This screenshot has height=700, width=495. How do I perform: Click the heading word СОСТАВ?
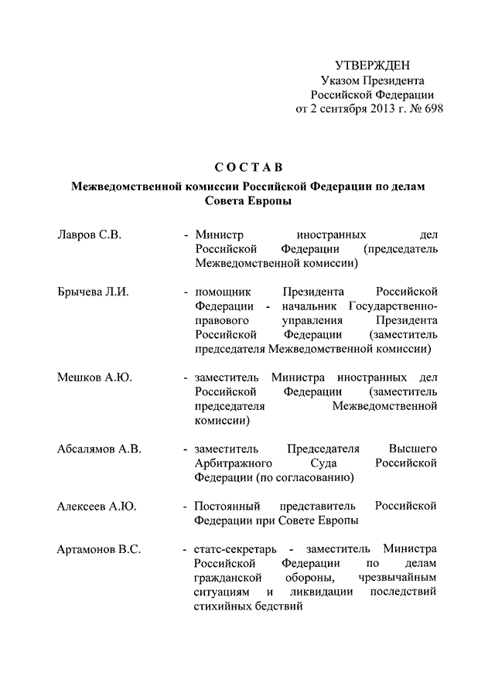pos(248,167)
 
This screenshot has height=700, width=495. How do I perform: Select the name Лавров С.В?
pos(89,233)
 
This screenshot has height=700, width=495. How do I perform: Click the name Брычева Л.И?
pos(92,292)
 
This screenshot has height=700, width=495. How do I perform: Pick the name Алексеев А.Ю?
pos(97,506)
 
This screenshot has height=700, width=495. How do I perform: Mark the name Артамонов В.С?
pos(98,549)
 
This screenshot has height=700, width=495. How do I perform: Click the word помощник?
pos(222,292)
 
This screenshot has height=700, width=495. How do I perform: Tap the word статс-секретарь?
pos(234,549)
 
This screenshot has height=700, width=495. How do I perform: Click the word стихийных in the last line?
pos(224,607)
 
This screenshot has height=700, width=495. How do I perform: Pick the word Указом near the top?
pos(339,80)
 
